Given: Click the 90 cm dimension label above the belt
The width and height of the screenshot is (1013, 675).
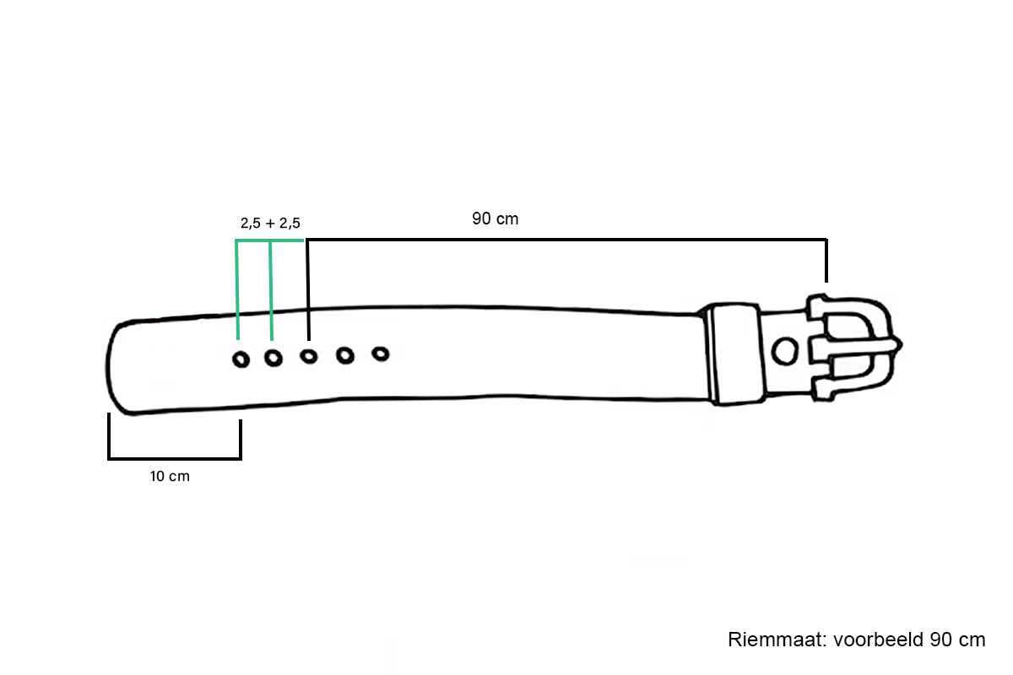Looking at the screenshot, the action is point(495,219).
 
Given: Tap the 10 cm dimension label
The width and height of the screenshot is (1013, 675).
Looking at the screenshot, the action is point(170,476).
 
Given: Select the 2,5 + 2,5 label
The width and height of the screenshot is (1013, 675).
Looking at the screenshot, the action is point(270,223).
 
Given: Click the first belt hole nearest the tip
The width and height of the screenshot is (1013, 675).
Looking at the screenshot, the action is point(241,360).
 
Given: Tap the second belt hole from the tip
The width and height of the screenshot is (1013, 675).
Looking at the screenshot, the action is point(274,359).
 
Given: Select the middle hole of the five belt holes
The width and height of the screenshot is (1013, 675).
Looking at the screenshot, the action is point(309,357).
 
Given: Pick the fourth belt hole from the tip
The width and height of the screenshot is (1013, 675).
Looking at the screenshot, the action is point(345,356).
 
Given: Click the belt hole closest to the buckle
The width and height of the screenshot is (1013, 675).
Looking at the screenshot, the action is point(381,354).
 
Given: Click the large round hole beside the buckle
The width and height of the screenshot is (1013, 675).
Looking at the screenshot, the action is point(784,351).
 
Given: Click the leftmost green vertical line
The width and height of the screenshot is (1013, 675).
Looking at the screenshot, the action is point(237,290).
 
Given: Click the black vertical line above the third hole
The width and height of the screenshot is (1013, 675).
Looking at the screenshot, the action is point(308,289).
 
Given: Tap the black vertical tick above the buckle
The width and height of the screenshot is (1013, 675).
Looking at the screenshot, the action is point(826,261).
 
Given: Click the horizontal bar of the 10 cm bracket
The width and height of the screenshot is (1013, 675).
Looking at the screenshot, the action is point(175,458).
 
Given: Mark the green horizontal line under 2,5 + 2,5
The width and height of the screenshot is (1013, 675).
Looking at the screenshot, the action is point(269,241).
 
